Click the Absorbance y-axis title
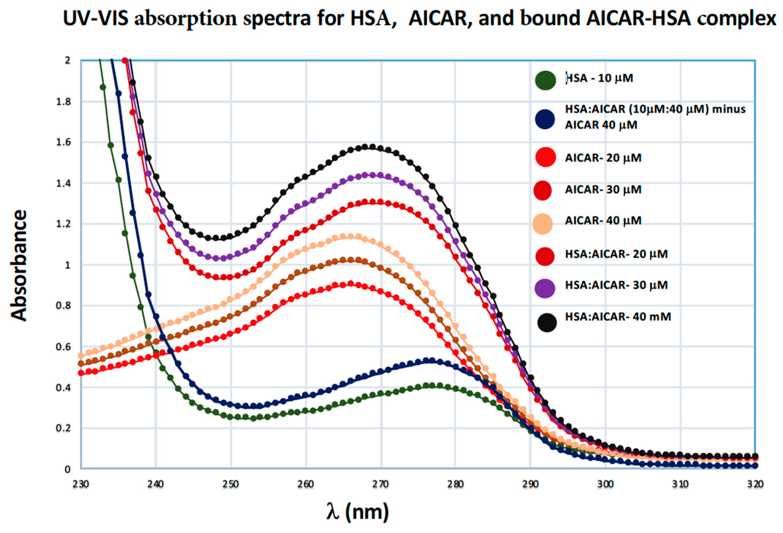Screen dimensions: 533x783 tap(19, 265)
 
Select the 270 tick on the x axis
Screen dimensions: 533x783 tap(381, 484)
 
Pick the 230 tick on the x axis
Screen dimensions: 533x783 tap(81, 484)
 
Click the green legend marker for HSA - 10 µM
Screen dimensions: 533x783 tap(545, 80)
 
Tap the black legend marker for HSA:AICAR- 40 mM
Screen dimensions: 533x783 tap(546, 323)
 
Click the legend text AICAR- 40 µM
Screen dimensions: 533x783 tap(603, 220)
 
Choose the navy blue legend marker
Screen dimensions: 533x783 tap(545, 119)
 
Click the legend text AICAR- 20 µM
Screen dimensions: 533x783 tap(603, 158)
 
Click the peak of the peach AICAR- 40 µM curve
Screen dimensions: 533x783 tap(350, 236)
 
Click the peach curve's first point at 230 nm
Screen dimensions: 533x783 tap(81, 355)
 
